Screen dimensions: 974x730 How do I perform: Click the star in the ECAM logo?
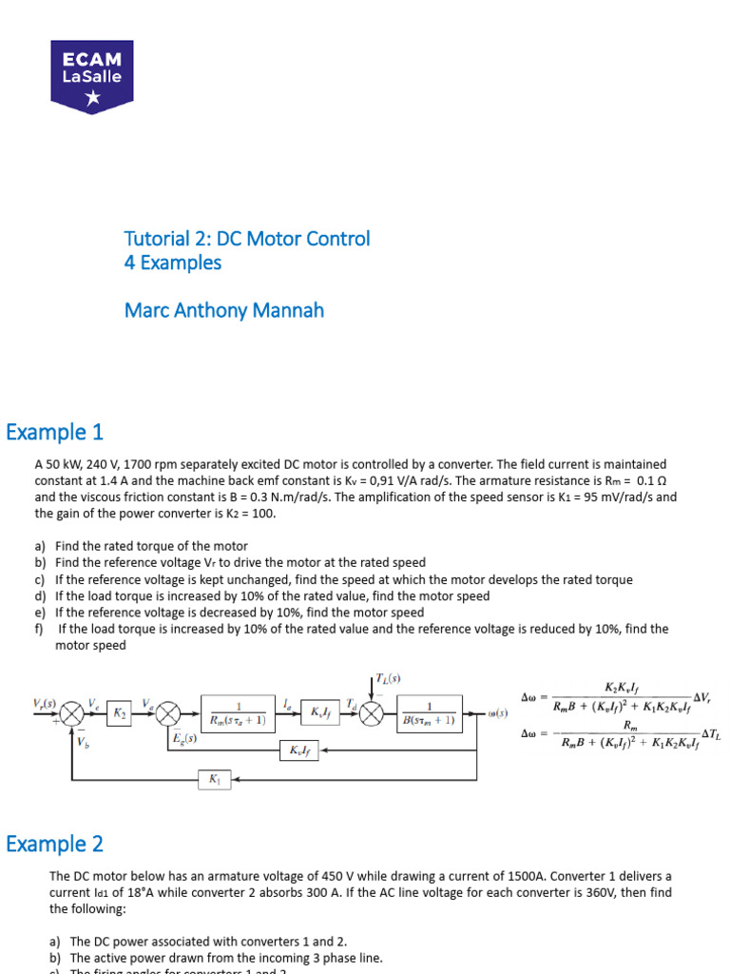pos(91,97)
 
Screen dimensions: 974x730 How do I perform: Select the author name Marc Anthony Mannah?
pos(224,310)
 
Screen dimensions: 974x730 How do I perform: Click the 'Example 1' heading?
pos(54,433)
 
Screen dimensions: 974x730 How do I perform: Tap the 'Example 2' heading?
pos(54,844)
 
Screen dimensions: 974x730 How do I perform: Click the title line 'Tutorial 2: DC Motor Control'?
pos(247,239)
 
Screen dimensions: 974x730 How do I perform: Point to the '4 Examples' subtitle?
pos(172,263)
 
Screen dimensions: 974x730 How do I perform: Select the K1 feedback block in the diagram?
pos(214,779)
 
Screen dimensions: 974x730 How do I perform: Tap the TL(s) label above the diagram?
pos(388,678)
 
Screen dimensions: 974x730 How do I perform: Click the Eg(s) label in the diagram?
pos(184,738)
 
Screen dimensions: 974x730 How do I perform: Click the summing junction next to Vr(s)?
pos(72,712)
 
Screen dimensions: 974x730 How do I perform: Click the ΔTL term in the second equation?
pos(710,733)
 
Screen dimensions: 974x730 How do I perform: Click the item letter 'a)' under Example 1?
pos(41,547)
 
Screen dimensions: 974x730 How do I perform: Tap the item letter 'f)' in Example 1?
pos(41,629)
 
